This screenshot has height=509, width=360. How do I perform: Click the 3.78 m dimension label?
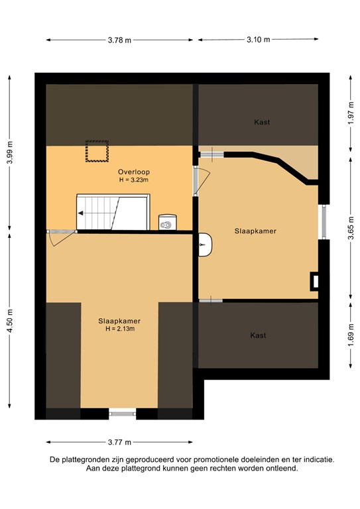(x=119, y=40)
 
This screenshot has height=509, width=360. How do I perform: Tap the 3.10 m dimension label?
(x=258, y=40)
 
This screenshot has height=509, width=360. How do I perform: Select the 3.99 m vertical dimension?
(x=10, y=152)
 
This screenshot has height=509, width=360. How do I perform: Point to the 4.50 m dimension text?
(x=10, y=321)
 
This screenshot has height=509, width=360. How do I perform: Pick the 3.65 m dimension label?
(x=351, y=228)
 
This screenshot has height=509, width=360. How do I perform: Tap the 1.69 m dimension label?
(x=351, y=335)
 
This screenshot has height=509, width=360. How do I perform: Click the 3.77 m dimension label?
(x=119, y=442)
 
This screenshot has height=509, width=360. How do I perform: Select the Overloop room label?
(x=134, y=172)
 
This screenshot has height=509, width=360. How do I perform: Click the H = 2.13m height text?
(x=120, y=329)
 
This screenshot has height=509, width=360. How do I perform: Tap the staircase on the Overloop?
(x=113, y=212)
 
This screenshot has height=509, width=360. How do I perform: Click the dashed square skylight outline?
(x=97, y=151)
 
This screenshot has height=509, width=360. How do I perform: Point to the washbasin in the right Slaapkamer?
(x=205, y=245)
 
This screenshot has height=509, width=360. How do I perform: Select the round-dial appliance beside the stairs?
(x=168, y=223)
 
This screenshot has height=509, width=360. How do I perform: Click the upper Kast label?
(x=262, y=123)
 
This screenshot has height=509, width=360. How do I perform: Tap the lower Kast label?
(x=258, y=335)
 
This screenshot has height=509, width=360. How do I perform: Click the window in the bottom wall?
(x=123, y=414)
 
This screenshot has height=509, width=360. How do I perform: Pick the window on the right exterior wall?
(x=324, y=222)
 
